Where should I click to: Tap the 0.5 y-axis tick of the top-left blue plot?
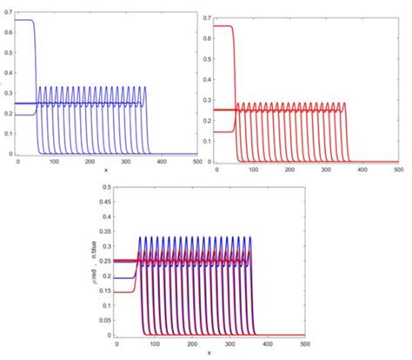click(x=9, y=50)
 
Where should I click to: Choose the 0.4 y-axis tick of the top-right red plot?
click(x=209, y=78)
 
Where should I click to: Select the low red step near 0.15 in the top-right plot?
click(x=223, y=131)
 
